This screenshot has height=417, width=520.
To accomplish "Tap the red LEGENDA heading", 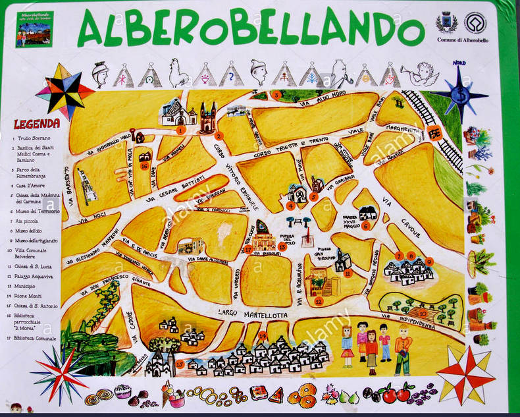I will pyautogui.click(x=37, y=124).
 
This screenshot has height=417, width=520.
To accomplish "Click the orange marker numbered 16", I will pyautogui.click(x=144, y=166).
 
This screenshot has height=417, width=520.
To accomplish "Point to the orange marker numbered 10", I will pyautogui.click(x=422, y=314).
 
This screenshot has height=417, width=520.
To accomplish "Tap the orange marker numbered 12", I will pyautogui.click(x=319, y=301).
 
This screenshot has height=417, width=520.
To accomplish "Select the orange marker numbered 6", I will pyautogui.click(x=366, y=225).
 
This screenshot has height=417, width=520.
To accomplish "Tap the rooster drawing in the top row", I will pyautogui.click(x=178, y=74).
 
